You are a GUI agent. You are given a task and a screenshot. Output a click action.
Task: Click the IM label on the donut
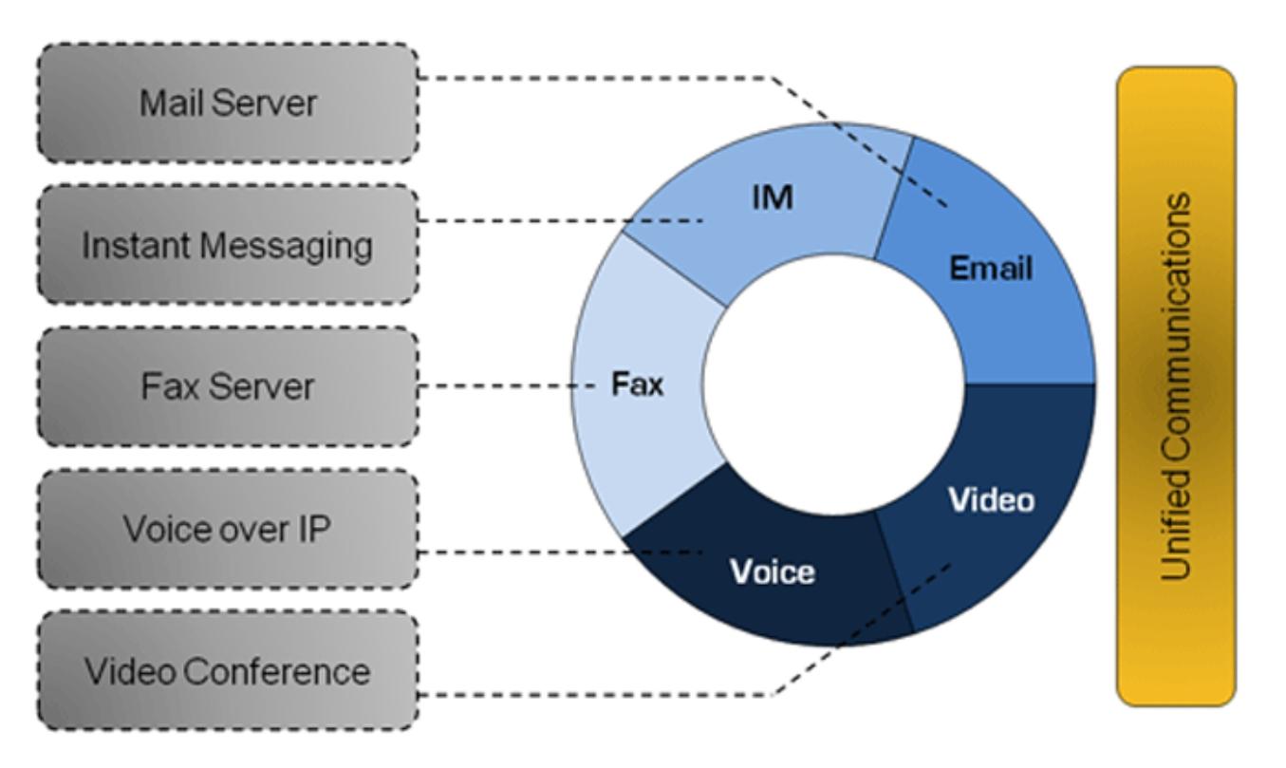(x=773, y=199)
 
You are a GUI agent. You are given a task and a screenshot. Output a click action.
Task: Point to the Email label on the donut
(x=991, y=269)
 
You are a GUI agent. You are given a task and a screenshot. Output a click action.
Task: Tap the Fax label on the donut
(x=636, y=385)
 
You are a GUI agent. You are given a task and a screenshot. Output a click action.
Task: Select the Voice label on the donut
(x=772, y=571)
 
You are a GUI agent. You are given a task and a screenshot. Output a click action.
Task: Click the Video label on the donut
(x=993, y=499)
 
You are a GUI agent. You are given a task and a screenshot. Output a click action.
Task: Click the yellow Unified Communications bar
(x=1176, y=385)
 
